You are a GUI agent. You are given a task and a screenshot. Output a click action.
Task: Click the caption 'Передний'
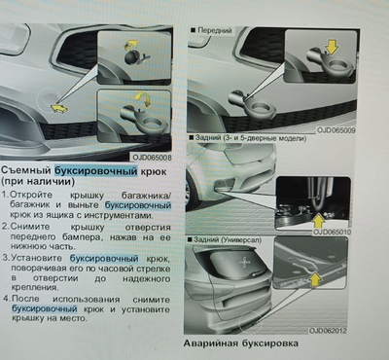click(x=216, y=31)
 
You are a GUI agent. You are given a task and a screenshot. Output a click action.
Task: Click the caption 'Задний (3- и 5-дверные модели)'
click(x=256, y=138)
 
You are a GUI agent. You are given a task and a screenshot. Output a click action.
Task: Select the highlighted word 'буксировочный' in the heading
click(x=91, y=171)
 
